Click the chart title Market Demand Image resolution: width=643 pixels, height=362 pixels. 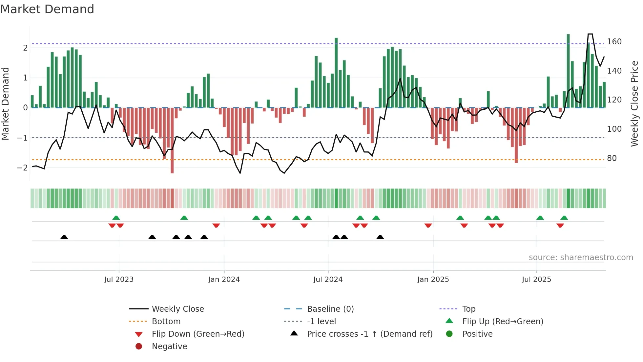pyautogui.click(x=47, y=9)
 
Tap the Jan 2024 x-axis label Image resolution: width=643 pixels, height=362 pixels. pyautogui.click(x=224, y=280)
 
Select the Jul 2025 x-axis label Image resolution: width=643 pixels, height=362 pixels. pyautogui.click(x=536, y=280)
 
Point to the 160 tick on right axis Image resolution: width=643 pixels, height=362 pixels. pyautogui.click(x=614, y=42)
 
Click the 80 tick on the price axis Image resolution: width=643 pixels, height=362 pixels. pyautogui.click(x=612, y=158)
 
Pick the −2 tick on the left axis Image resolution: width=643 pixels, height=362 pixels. pyautogui.click(x=22, y=168)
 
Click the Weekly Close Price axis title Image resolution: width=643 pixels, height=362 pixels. pyautogui.click(x=634, y=103)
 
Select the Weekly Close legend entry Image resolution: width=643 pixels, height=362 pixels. pyautogui.click(x=177, y=309)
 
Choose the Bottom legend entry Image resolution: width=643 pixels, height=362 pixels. pyautogui.click(x=166, y=322)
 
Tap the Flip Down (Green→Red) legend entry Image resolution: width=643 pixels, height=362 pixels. pyautogui.click(x=198, y=334)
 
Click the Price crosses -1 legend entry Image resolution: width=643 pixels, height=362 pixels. pyautogui.click(x=369, y=334)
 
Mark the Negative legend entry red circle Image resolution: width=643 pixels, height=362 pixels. pyautogui.click(x=139, y=347)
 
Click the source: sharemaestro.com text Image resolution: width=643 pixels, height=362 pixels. pyautogui.click(x=581, y=258)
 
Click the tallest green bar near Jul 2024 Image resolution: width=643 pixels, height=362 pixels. pyautogui.click(x=336, y=72)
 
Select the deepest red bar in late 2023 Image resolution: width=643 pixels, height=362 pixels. pyautogui.click(x=172, y=141)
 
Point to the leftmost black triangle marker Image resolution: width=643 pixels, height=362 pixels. pyautogui.click(x=64, y=237)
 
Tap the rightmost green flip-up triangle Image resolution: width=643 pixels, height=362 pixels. pyautogui.click(x=564, y=218)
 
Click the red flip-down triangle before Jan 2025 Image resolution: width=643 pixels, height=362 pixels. pyautogui.click(x=428, y=225)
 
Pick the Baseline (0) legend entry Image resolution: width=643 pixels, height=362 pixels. pyautogui.click(x=330, y=309)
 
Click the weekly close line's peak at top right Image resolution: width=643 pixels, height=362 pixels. pyautogui.click(x=590, y=34)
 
